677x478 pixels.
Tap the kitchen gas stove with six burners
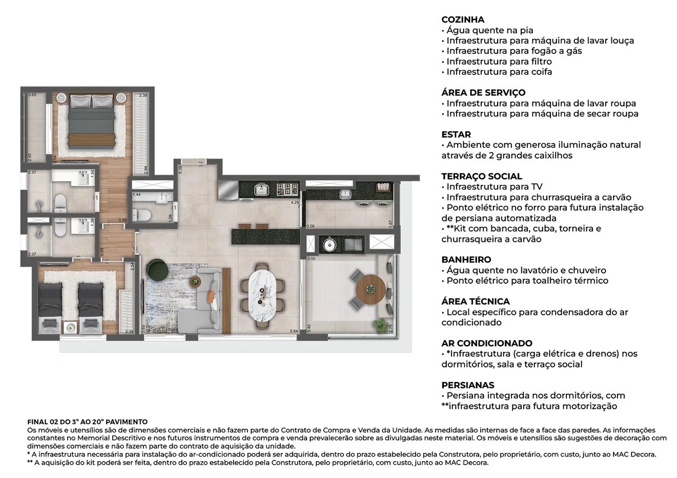[288, 190]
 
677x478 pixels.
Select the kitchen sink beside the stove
[262, 190]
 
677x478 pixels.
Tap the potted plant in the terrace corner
[380, 325]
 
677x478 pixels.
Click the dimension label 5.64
[294, 331]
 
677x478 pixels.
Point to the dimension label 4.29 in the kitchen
[295, 203]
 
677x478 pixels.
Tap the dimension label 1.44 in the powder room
[136, 195]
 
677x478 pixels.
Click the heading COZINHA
[463, 19]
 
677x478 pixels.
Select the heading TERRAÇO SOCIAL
[482, 176]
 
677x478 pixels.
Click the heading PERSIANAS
[468, 385]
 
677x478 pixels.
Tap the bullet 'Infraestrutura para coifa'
[499, 72]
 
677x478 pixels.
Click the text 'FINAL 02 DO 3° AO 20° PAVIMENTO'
[87, 422]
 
